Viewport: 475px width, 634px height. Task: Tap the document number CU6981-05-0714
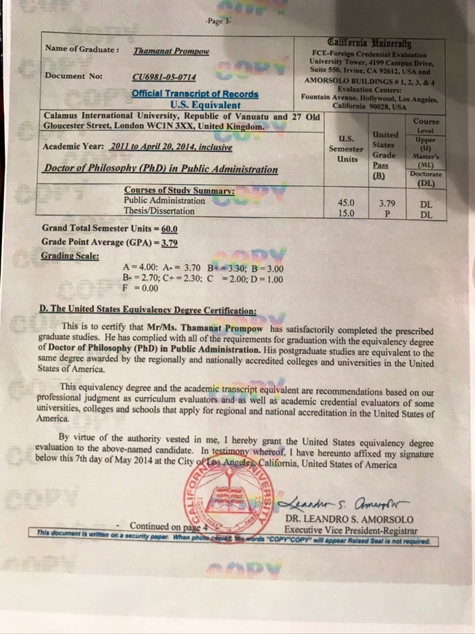(x=166, y=77)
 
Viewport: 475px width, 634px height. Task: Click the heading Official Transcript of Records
(x=195, y=94)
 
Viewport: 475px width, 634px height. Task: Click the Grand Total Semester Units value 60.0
(x=170, y=229)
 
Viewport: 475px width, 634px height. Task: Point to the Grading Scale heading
(x=70, y=257)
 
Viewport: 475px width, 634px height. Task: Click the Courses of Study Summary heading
(x=178, y=190)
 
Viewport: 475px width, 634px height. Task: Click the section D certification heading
(x=149, y=311)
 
